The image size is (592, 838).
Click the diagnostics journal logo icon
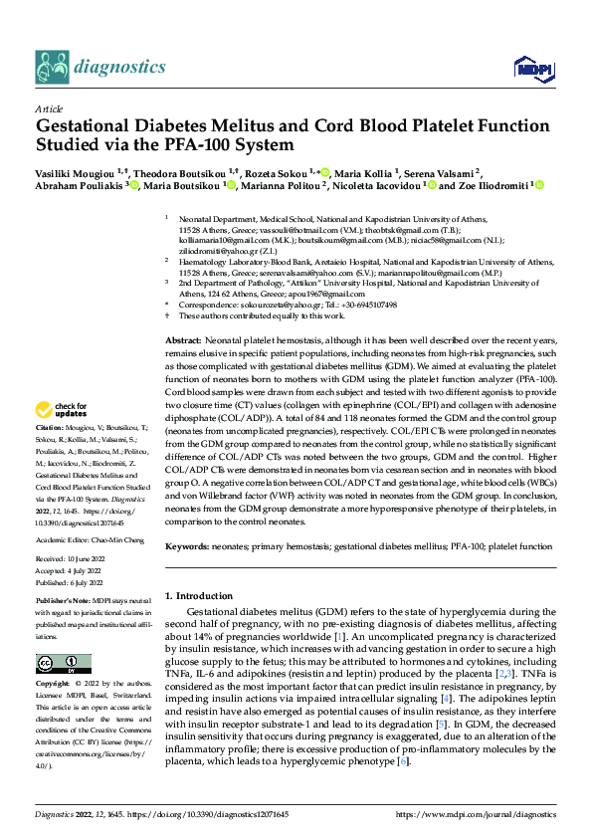coord(52,68)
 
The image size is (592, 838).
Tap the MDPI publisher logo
coord(527,68)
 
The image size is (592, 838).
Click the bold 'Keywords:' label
coord(190,546)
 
